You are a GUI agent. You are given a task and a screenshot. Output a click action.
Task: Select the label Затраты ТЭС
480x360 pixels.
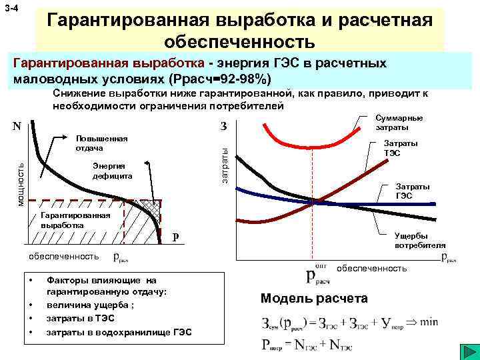[x=401, y=147]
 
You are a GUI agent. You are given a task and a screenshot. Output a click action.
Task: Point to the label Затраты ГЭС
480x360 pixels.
[x=413, y=191]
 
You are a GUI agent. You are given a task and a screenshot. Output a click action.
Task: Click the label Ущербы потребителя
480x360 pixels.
[x=419, y=240]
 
